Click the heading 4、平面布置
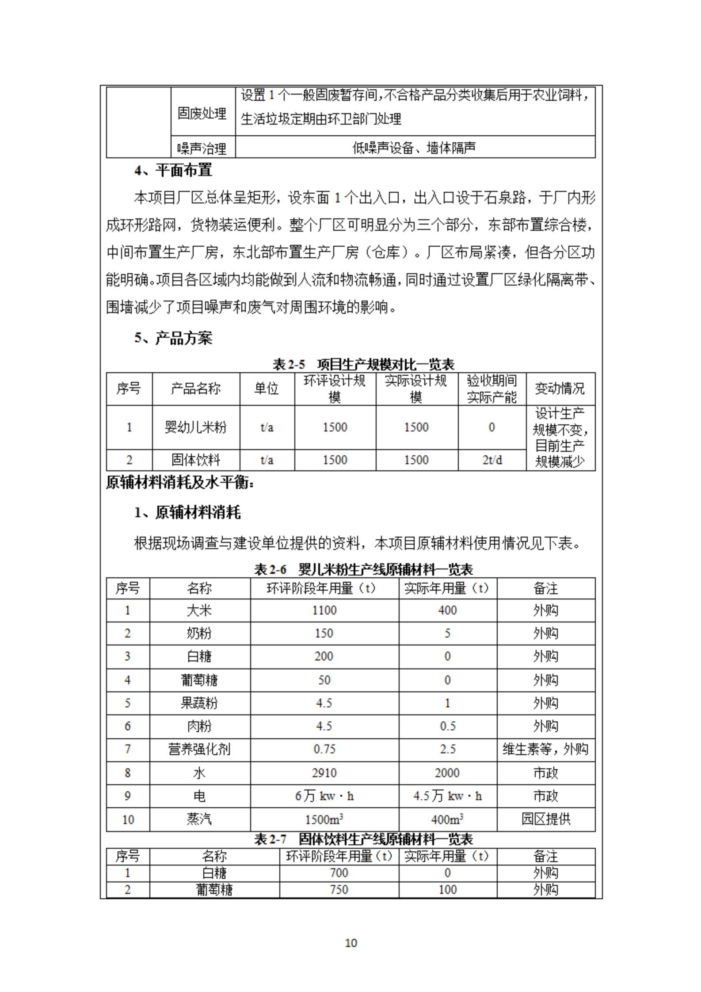tap(173, 170)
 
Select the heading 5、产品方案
tap(173, 338)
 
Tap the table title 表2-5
tap(363, 364)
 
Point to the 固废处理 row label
tap(202, 113)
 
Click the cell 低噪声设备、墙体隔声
tap(414, 147)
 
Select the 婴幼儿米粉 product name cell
tap(195, 427)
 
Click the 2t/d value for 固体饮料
tap(491, 460)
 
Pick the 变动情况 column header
tap(560, 389)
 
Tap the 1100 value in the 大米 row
tap(324, 610)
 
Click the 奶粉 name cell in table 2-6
tap(199, 633)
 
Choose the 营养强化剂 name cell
tap(199, 749)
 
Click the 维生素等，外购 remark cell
tap(545, 749)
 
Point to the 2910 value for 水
tap(324, 772)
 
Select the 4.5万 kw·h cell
tap(447, 796)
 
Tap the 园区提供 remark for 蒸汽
tap(545, 819)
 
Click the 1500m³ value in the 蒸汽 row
tap(324, 819)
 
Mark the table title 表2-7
tap(363, 839)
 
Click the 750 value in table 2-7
tap(339, 889)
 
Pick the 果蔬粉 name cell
tap(199, 702)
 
